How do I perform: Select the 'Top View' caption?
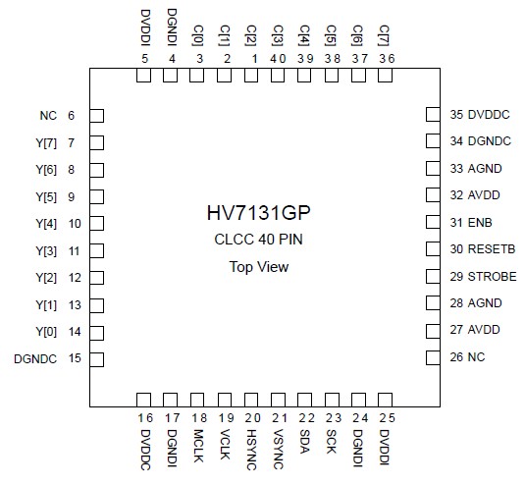260,266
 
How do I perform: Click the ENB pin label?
481,223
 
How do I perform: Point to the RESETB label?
491,249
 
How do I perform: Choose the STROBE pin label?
492,276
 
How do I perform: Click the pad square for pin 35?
433,116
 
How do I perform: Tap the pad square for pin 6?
96,116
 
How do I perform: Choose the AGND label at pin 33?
486,169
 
